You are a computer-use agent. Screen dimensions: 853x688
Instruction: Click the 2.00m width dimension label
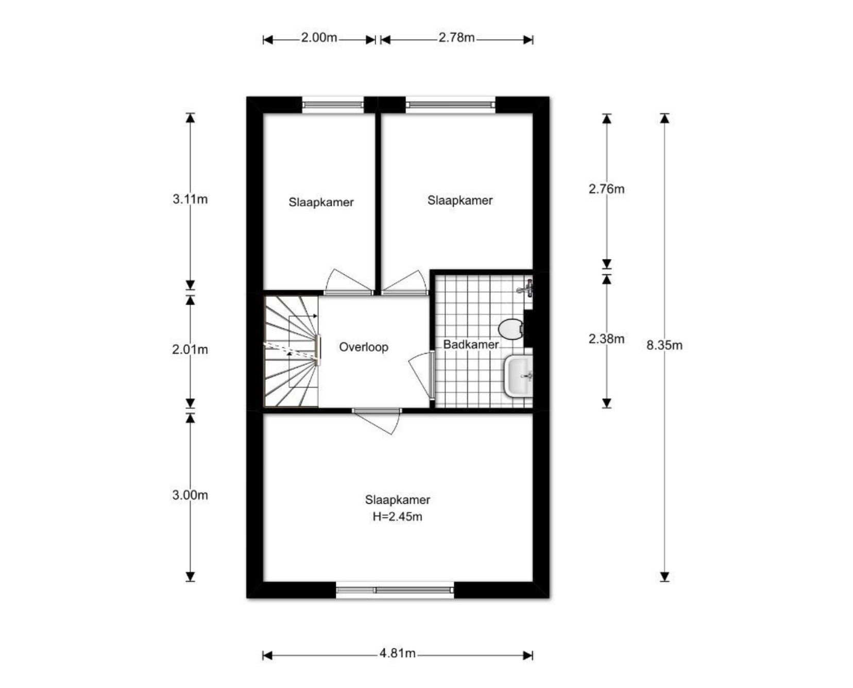tap(319, 38)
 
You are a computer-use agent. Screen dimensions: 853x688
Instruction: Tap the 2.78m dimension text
tap(456, 38)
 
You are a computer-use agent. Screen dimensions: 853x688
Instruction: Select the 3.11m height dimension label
tap(190, 199)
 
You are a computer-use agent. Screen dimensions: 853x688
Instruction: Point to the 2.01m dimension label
tap(190, 350)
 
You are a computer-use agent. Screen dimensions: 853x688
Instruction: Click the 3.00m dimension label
tap(190, 495)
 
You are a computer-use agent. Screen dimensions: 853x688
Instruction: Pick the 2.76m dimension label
tap(607, 189)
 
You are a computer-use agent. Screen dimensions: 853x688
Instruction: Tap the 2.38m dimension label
tap(607, 339)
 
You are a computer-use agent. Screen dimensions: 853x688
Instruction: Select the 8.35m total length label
tap(664, 345)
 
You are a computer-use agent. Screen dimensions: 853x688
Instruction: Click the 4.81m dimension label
tap(398, 653)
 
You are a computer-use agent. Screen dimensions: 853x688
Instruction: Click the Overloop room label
tap(364, 347)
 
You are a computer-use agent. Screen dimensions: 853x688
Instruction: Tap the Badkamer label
tap(471, 345)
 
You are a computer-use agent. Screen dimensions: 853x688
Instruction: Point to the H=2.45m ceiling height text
tap(397, 517)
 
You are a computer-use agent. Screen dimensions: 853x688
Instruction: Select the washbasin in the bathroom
tap(519, 376)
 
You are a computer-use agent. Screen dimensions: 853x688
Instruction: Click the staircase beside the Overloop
tap(292, 351)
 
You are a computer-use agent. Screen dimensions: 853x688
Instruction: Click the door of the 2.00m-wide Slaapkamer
tap(348, 282)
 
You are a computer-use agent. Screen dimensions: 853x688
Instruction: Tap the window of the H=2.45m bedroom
tap(395, 590)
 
